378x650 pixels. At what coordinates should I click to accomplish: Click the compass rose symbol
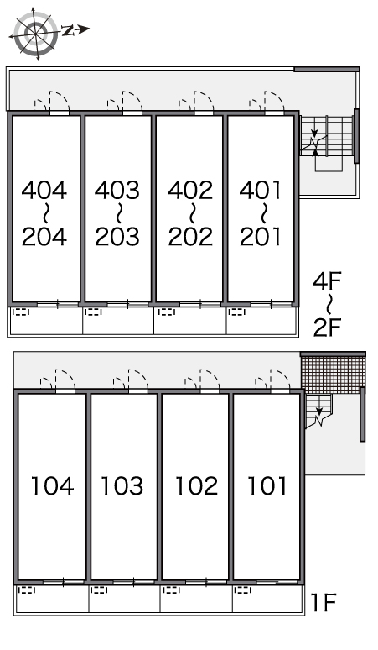(x=35, y=33)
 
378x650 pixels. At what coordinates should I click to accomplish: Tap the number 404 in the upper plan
(x=44, y=191)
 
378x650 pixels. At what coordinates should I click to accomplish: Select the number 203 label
(x=117, y=237)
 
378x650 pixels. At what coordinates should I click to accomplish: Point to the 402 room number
(x=190, y=191)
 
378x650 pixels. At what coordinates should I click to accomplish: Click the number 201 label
(x=260, y=237)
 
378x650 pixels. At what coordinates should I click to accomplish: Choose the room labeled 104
(x=52, y=486)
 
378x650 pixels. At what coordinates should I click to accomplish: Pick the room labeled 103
(x=124, y=486)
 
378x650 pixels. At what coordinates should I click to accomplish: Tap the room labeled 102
(x=195, y=486)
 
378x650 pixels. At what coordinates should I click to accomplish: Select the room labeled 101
(x=267, y=486)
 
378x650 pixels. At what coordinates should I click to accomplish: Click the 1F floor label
(x=324, y=603)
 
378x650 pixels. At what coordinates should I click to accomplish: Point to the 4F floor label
(x=327, y=282)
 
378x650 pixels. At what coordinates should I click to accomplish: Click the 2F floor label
(x=327, y=328)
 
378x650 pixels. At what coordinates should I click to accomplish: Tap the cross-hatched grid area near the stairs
(x=333, y=375)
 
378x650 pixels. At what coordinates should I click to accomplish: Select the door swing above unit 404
(x=52, y=102)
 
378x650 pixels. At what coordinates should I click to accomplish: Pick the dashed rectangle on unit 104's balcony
(x=27, y=590)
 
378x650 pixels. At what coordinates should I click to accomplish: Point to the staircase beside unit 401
(x=327, y=136)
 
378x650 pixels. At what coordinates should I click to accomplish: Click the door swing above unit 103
(x=131, y=380)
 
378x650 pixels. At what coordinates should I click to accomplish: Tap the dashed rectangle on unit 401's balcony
(x=237, y=312)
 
